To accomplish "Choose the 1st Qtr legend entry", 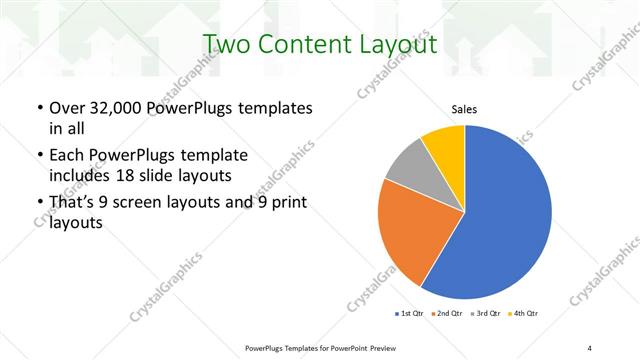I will [410, 314].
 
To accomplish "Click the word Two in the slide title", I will [228, 45].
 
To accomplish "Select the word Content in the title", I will [311, 45].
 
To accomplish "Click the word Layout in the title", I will [402, 45].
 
